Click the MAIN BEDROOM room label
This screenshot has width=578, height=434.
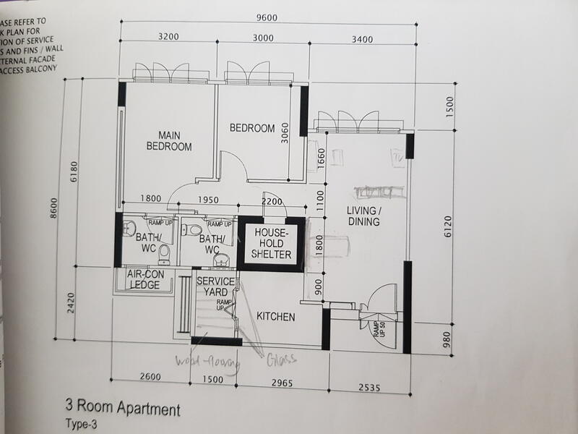click(x=169, y=140)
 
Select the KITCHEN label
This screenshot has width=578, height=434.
click(x=275, y=317)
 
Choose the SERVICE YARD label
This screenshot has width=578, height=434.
click(x=215, y=286)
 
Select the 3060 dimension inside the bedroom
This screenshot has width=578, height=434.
click(x=285, y=132)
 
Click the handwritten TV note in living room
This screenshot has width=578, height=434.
click(x=397, y=157)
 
